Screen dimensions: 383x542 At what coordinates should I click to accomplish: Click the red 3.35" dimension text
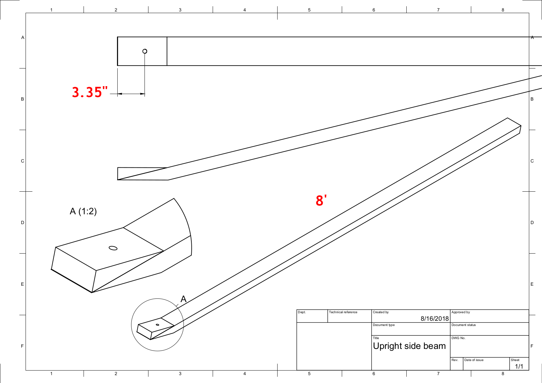point(89,92)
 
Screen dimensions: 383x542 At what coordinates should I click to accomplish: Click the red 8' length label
point(321,201)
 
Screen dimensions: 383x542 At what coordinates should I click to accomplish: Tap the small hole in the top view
point(145,51)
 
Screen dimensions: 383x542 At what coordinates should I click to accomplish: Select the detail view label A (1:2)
point(83,211)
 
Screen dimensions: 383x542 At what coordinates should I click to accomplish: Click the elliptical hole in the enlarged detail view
point(113,248)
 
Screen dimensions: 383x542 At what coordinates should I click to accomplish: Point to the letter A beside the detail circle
point(184,299)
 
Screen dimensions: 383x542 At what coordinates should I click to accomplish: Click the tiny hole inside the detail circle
point(158,325)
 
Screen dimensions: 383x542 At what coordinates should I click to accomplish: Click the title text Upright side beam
point(409,346)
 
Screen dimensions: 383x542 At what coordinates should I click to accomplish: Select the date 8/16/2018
point(435,318)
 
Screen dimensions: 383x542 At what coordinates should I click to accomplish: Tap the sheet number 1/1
point(519,366)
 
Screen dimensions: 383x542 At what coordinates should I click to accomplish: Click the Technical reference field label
point(343,312)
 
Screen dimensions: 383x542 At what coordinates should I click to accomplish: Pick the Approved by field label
point(460,312)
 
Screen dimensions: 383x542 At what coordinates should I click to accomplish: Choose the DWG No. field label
point(458,338)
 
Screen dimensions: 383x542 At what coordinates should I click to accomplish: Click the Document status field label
point(463,325)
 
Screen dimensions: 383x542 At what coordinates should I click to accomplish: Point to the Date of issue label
point(474,360)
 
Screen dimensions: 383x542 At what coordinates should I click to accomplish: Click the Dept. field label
point(301,312)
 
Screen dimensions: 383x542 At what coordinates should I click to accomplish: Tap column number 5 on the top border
point(309,10)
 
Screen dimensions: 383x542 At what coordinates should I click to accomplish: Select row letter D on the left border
point(23,222)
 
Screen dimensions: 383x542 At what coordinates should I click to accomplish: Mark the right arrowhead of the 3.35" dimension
point(143,94)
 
